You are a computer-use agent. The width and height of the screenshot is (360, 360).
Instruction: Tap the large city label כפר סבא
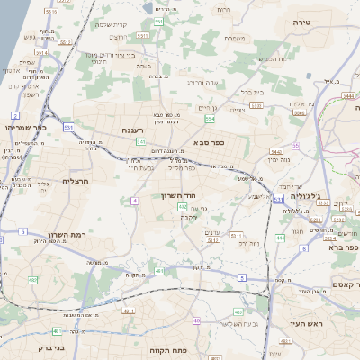point(208,142)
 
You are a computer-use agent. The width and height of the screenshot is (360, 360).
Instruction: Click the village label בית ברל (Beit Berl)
point(252,92)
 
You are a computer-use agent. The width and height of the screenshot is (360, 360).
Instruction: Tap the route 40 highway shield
point(196,320)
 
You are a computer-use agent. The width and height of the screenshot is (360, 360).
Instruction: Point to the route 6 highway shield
point(241,278)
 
